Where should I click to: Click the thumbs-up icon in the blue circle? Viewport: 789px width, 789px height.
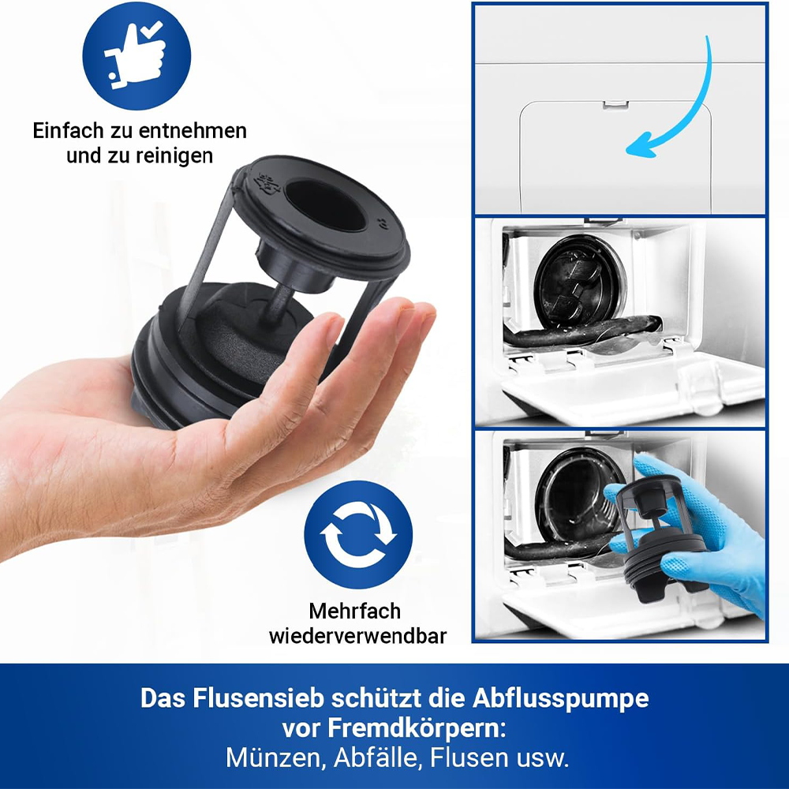point(136,55)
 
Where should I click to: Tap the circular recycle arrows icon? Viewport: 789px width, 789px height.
point(358,535)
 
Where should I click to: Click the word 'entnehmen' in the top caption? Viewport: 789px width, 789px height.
point(193,131)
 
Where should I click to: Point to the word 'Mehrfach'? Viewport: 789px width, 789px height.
point(355,611)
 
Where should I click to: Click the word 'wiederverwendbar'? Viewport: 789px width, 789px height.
point(357,636)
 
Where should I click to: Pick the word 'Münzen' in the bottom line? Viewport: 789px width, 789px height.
point(273,757)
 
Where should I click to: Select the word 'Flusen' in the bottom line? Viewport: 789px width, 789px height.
point(469,757)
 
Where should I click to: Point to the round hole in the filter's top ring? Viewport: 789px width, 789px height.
point(326,205)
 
